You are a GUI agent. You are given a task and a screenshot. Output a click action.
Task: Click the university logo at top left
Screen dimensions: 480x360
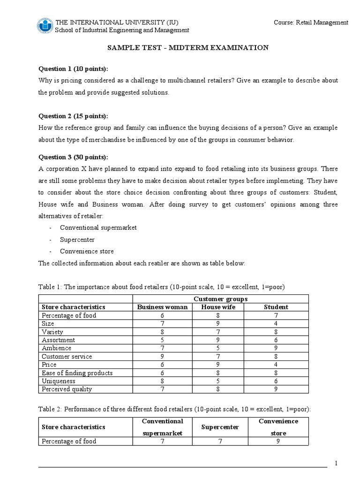(45, 26)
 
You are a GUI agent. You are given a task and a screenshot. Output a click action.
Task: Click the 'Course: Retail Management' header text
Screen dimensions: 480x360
(311, 22)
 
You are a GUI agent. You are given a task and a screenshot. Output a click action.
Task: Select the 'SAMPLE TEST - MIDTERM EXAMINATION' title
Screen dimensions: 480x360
(188, 48)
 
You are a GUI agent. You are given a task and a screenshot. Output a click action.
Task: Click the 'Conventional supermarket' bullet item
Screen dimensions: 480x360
(98, 227)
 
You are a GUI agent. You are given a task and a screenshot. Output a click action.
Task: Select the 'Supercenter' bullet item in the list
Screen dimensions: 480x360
(77, 240)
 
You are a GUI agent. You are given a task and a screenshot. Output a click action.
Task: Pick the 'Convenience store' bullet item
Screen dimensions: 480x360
(87, 251)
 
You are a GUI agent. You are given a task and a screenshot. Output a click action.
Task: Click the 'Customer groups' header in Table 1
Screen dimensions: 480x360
(220, 299)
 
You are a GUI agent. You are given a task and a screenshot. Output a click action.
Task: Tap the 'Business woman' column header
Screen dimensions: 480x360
(162, 307)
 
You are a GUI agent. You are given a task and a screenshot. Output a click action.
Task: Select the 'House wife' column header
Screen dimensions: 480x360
(218, 307)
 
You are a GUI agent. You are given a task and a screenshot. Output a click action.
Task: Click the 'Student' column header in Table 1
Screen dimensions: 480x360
(276, 307)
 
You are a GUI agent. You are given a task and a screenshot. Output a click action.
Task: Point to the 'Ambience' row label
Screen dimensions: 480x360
(57, 348)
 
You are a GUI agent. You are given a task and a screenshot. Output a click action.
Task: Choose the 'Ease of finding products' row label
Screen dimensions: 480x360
(77, 373)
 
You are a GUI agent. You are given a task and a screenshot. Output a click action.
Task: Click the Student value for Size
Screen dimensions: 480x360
(276, 323)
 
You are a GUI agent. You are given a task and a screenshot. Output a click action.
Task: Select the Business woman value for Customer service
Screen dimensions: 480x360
(162, 356)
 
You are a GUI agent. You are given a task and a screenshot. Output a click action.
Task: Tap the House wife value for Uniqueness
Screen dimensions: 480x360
(218, 381)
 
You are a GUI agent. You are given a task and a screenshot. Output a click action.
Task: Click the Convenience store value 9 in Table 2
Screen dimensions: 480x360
(278, 441)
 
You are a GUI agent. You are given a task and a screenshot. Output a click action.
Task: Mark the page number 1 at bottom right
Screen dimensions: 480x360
(336, 464)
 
